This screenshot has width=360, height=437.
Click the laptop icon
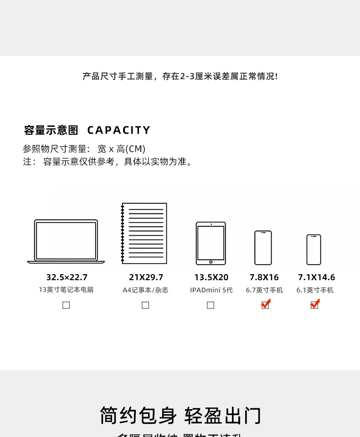66,241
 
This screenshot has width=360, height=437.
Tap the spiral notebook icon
144,234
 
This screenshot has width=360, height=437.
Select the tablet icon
211,243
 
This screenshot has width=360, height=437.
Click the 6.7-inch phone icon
263,248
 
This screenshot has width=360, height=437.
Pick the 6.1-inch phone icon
314,250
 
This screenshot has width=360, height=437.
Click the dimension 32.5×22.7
67,277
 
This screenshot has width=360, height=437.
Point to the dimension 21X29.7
146,277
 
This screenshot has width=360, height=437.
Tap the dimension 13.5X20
211,277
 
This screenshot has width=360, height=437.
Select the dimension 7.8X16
264,277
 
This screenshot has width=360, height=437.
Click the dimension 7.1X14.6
316,277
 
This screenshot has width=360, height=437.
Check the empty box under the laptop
66,305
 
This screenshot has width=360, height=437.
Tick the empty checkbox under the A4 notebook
145,305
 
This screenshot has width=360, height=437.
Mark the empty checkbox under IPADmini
211,305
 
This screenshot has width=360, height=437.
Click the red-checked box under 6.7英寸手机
265,305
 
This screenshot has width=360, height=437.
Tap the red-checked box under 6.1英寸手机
314,305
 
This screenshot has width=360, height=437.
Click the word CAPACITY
118,130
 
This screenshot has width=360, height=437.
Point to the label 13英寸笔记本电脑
66,290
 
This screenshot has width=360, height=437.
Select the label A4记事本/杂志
145,290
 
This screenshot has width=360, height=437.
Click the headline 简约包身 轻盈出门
180,416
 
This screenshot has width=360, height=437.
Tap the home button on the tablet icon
211,262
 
